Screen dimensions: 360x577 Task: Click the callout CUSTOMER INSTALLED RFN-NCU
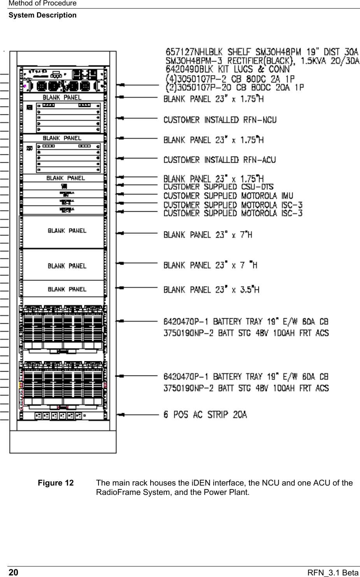pyautogui.click(x=220, y=119)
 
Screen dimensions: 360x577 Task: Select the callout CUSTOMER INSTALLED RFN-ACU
pyautogui.click(x=220, y=160)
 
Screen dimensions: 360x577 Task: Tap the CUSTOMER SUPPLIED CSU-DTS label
pyautogui.click(x=218, y=187)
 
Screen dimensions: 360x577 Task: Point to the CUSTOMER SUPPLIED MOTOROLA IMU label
pyautogui.click(x=228, y=196)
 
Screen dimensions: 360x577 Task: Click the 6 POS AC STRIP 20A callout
pyautogui.click(x=205, y=415)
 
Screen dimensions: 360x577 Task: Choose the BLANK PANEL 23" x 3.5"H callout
pyautogui.click(x=211, y=289)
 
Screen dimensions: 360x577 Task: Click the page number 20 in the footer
pyautogui.click(x=13, y=572)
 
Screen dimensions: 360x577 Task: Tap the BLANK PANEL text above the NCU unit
pyautogui.click(x=62, y=97)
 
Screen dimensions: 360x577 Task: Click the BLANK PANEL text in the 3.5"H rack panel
pyautogui.click(x=67, y=289)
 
